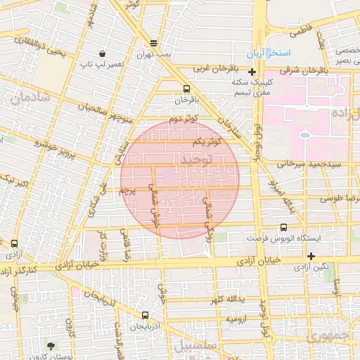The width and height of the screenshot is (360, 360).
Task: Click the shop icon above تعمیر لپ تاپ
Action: pos(103,53)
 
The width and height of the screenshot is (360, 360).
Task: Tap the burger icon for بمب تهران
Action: pos(154,43)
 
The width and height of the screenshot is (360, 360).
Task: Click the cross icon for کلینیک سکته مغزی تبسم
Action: pos(252,72)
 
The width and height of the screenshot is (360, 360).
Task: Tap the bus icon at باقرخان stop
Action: pos(186,89)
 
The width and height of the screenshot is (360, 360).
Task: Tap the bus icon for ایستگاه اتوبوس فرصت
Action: pos(283,227)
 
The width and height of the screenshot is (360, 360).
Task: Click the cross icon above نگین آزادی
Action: pos(311,255)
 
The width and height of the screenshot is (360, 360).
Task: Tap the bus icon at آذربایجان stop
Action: pos(145,315)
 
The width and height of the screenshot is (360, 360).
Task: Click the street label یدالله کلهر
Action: pos(224,300)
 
